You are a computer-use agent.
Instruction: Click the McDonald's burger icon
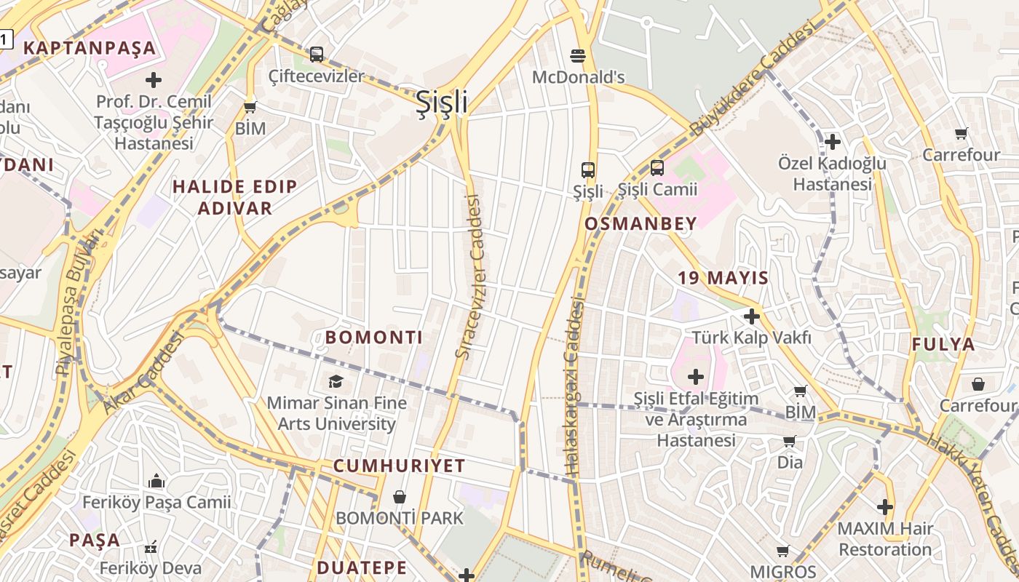point(578,55)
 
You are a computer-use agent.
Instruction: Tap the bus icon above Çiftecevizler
point(317,54)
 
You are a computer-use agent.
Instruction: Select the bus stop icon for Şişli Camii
point(657,168)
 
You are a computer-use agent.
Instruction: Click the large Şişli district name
point(441,103)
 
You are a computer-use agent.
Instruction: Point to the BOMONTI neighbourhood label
point(373,338)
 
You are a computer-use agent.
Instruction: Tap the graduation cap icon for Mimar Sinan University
point(336,381)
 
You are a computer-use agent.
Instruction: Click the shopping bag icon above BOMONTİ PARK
point(400,497)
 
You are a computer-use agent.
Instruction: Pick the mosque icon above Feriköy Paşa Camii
point(156,481)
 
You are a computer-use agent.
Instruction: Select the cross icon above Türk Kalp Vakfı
point(752,316)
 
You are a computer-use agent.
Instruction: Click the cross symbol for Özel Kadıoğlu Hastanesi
point(833,142)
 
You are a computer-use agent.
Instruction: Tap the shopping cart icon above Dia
point(790,441)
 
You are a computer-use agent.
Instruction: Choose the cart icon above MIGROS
point(783,551)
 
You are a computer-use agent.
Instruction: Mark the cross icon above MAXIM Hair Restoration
point(885,506)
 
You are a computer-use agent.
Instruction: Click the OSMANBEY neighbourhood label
point(641,224)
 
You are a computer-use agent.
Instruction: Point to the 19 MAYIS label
point(723,278)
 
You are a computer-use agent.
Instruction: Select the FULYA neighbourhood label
point(943,345)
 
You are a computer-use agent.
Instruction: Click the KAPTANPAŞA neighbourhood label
point(90,49)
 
